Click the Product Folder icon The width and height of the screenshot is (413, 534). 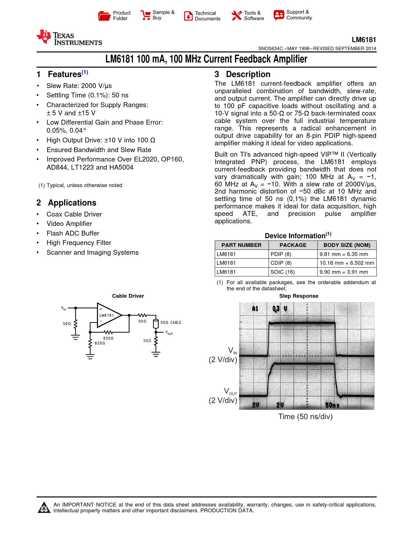(x=104, y=16)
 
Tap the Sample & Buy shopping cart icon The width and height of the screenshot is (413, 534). (x=145, y=15)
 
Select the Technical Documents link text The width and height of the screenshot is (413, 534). (x=207, y=16)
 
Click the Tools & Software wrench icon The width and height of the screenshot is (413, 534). (x=236, y=16)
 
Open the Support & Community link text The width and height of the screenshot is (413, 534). (x=299, y=15)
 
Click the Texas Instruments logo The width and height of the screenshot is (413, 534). (x=69, y=38)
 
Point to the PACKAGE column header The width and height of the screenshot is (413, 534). (x=293, y=245)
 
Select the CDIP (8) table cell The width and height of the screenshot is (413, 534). (x=281, y=263)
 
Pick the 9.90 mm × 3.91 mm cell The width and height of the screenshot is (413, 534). (x=344, y=272)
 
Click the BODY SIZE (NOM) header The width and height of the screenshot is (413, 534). (x=347, y=245)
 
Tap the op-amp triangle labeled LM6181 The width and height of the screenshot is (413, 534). (x=108, y=315)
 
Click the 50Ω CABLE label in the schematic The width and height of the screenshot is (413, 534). (x=171, y=322)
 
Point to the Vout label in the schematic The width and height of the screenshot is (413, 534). (x=169, y=333)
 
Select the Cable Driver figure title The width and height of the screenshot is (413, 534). (x=128, y=296)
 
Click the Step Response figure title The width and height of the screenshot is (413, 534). (x=299, y=296)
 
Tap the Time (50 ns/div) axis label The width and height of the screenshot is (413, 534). (x=305, y=417)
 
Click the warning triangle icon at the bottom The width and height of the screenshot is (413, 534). (x=44, y=507)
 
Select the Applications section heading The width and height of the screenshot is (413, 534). (x=72, y=203)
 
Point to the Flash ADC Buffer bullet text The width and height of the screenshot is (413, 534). (x=73, y=233)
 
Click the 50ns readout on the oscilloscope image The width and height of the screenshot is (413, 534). (x=332, y=405)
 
